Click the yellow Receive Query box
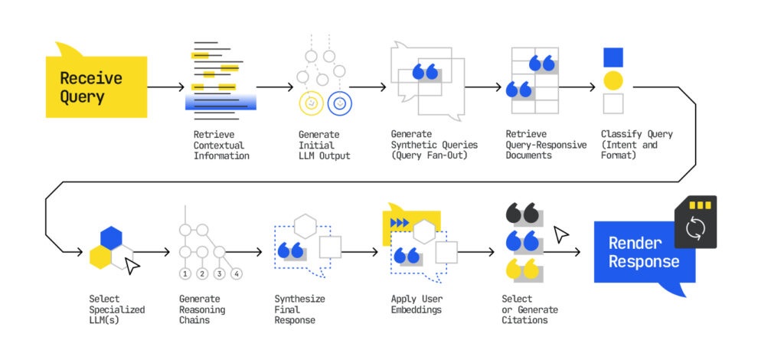(96, 87)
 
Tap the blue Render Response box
(645, 253)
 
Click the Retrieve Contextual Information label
(221, 145)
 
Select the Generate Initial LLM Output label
(325, 145)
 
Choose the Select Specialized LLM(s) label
(117, 309)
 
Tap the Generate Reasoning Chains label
(202, 309)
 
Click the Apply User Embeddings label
(417, 304)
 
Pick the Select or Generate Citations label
(530, 309)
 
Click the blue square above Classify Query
(613, 57)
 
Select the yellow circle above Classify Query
(613, 80)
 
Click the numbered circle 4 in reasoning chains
(237, 274)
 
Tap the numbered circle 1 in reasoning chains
(185, 274)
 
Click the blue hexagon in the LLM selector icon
(111, 238)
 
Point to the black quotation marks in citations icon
(523, 213)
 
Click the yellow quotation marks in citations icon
(523, 269)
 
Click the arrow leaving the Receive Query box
(166, 87)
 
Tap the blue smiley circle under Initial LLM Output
(340, 103)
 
